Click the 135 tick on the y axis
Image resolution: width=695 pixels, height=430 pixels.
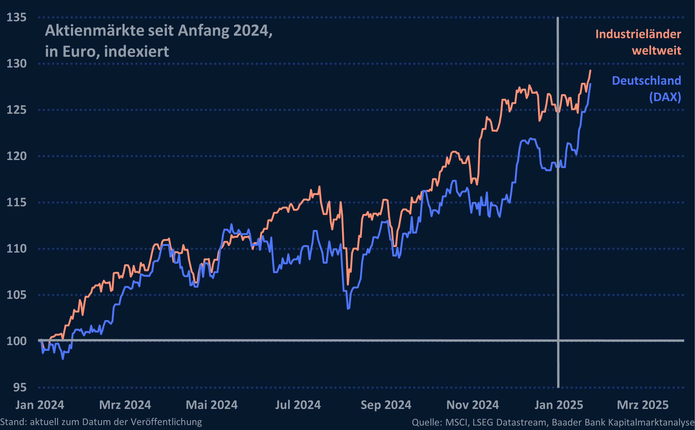[16, 17]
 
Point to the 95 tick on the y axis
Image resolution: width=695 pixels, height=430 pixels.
[20, 388]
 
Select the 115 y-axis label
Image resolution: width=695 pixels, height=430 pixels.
[16, 203]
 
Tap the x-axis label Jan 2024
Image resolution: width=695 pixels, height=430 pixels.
[40, 405]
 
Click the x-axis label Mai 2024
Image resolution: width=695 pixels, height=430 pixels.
[212, 405]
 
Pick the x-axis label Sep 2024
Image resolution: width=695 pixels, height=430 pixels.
[386, 405]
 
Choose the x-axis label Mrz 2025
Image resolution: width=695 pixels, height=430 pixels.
[643, 405]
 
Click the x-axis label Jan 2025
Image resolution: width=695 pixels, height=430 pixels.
[559, 405]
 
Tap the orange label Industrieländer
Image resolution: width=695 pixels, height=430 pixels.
[638, 34]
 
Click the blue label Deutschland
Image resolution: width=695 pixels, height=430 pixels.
[646, 81]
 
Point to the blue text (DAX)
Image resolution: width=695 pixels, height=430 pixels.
[665, 97]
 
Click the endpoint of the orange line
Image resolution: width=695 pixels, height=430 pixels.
[590, 71]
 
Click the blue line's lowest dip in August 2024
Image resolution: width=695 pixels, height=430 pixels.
[348, 308]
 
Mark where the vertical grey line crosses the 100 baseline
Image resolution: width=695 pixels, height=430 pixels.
[558, 341]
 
